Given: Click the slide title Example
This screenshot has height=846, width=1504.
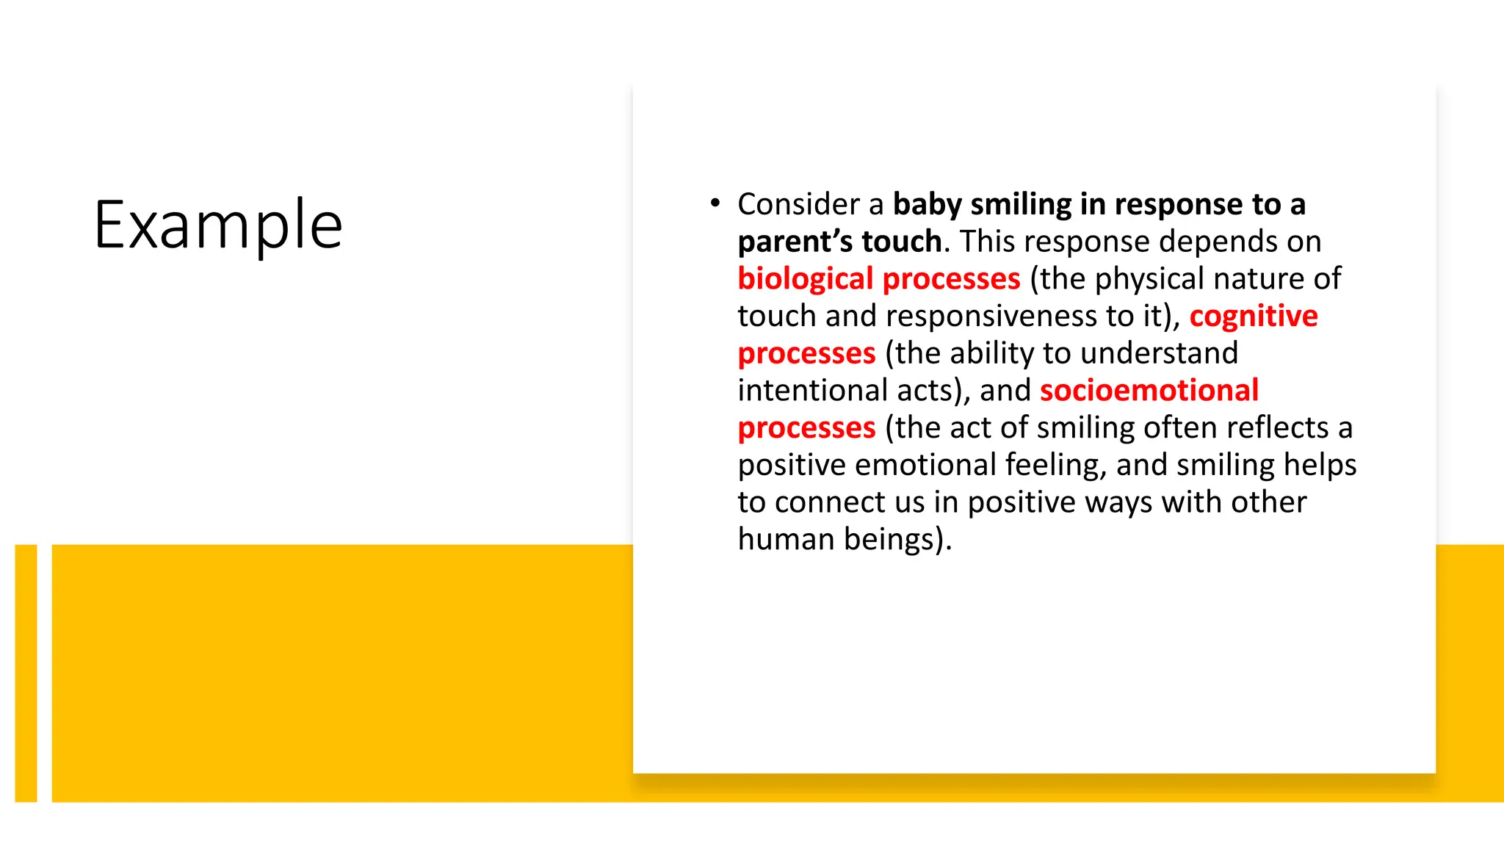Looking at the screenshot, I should [218, 225].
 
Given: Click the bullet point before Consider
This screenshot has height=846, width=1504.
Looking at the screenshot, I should [715, 203].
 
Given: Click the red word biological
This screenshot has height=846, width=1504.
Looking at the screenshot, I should [805, 279].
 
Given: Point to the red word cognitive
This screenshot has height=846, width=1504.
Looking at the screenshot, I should [1253, 316].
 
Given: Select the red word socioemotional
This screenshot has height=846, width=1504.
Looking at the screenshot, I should [1149, 390].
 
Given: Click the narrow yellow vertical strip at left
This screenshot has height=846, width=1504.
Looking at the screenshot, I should [26, 673].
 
